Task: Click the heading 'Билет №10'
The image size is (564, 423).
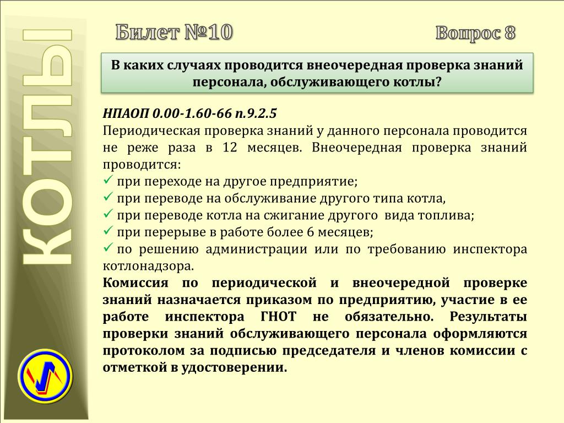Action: click(x=174, y=32)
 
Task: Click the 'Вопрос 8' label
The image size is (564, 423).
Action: click(x=475, y=33)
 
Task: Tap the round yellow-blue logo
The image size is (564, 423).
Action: click(x=45, y=376)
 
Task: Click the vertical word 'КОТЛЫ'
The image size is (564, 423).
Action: click(x=47, y=147)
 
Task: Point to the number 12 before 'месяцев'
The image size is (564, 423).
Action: click(x=230, y=148)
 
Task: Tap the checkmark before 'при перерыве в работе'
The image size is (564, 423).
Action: click(x=108, y=230)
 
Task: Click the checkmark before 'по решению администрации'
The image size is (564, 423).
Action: click(x=108, y=247)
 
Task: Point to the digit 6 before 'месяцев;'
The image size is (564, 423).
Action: click(x=311, y=232)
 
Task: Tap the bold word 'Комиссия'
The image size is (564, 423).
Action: click(x=135, y=283)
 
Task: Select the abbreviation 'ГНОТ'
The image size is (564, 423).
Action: click(x=278, y=317)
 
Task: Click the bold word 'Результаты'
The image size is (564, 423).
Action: click(x=489, y=317)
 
